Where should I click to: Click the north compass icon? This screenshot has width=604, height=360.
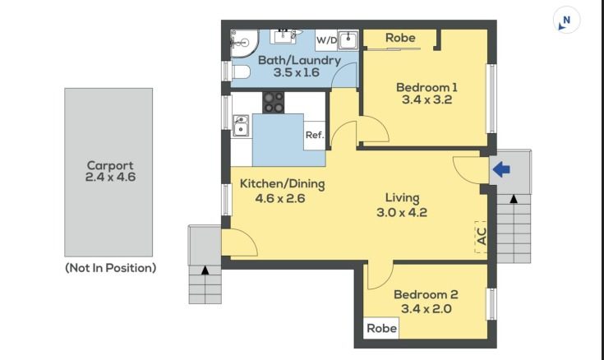[566, 20]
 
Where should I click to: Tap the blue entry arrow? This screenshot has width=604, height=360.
[501, 169]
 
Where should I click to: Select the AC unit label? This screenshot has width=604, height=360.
[482, 236]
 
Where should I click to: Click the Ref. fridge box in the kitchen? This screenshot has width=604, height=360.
[315, 136]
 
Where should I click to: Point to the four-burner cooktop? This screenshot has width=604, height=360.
[274, 102]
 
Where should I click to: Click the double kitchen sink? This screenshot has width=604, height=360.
[241, 126]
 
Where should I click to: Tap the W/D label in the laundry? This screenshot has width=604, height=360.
[327, 40]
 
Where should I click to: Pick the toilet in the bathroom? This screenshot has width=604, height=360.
[241, 72]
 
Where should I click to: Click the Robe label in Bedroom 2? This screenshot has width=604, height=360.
[381, 329]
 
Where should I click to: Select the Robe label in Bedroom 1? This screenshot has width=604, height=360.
[400, 38]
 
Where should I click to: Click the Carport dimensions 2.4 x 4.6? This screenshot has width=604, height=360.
[110, 178]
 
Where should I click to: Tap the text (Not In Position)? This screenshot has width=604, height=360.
[111, 268]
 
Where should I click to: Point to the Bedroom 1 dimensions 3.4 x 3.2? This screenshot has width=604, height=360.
[426, 99]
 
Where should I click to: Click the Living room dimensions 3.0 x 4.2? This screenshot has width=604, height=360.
[402, 212]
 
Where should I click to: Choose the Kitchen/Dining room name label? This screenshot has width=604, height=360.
[283, 184]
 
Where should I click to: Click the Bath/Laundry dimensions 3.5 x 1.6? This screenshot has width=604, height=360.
[296, 72]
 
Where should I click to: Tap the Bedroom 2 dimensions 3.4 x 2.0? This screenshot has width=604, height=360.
[426, 309]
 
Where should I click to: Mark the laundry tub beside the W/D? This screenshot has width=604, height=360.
[348, 40]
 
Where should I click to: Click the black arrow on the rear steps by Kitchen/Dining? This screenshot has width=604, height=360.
[205, 270]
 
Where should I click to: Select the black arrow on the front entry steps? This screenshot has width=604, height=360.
[514, 199]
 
